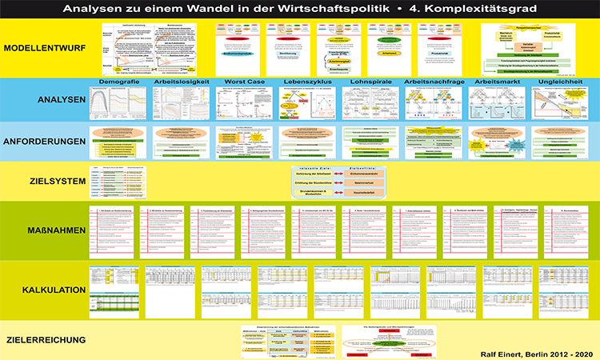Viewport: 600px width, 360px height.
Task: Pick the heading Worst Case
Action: (242, 82)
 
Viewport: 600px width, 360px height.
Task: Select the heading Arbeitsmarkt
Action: (497, 82)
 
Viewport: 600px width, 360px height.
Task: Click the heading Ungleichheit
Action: (560, 82)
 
